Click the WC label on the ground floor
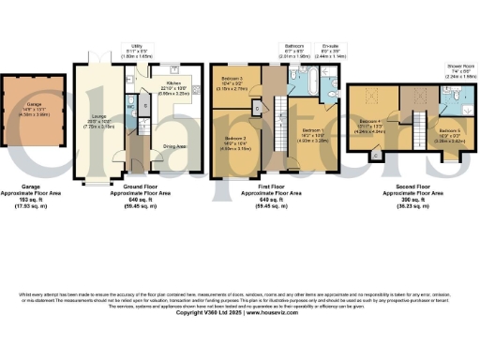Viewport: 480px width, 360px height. tap(133, 106)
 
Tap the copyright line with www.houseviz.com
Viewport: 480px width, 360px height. tap(240, 311)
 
